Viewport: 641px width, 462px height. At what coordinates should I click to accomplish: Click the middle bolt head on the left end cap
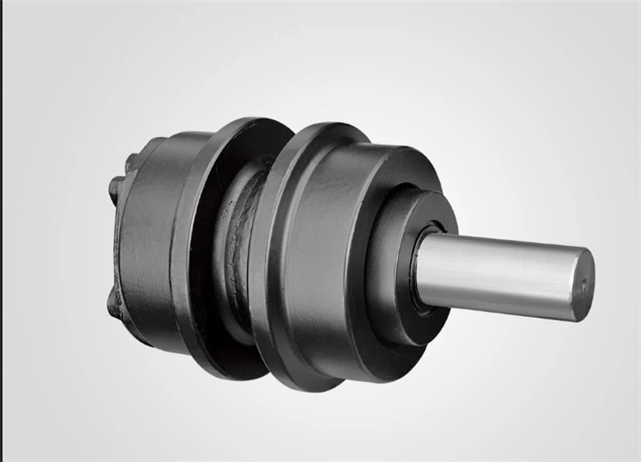115,186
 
